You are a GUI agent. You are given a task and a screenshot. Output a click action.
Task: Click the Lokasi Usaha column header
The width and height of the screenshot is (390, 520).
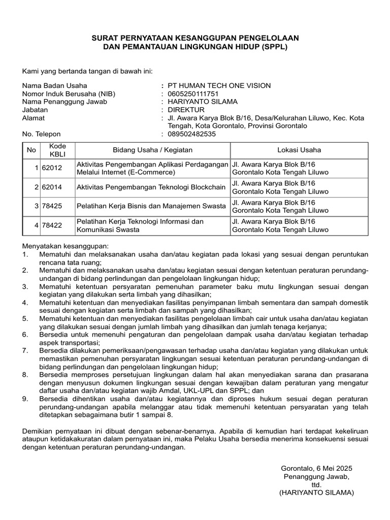point(299,150)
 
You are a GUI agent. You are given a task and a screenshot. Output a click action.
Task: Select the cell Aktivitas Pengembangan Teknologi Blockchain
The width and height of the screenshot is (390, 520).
point(151,187)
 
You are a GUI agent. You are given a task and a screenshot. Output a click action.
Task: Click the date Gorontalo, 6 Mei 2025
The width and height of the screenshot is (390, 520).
point(316,468)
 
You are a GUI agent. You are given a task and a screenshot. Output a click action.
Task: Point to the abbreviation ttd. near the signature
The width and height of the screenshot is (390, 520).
point(316,484)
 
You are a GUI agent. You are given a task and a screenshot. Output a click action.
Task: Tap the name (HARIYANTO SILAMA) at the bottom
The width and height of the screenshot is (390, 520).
point(316,493)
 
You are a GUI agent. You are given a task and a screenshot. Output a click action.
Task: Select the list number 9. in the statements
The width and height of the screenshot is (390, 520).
point(25,399)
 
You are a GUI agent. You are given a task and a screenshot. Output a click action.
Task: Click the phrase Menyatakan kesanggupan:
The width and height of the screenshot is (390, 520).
point(62,246)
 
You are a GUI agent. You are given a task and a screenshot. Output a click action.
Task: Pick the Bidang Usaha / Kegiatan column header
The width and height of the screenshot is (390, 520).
point(152,150)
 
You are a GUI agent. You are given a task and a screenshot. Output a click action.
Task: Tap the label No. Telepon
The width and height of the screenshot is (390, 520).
point(42,134)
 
